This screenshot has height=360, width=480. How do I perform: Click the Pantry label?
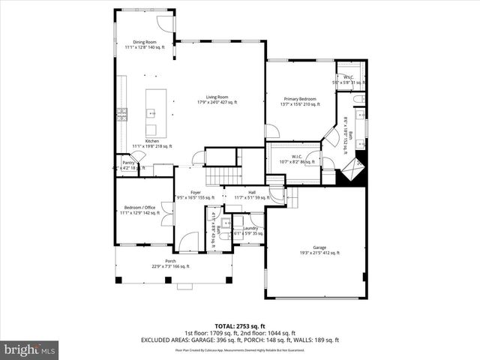[x=129, y=164]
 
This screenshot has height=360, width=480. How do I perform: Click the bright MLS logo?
[x=30, y=349]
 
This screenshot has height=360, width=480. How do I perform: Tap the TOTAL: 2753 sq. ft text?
[x=239, y=326]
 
